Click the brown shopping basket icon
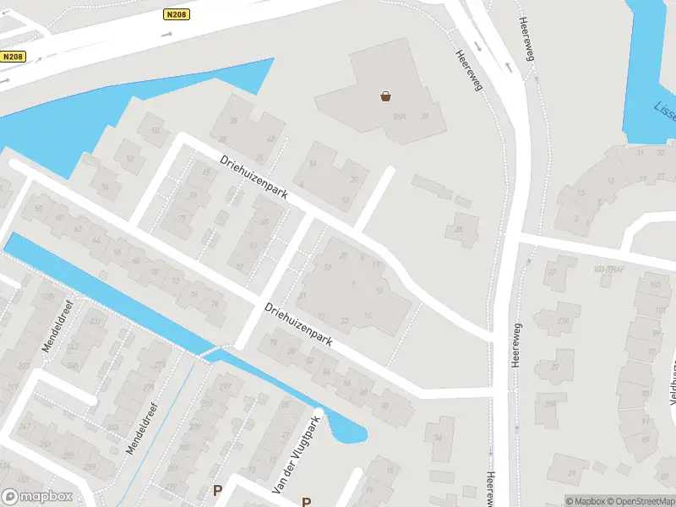tap(386, 96)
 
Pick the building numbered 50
tap(154, 130)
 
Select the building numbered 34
tap(438, 436)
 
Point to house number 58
tap(37, 208)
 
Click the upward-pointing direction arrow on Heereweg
tap(509, 66)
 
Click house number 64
tap(95, 240)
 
